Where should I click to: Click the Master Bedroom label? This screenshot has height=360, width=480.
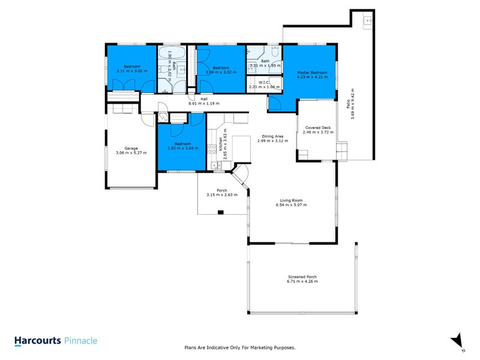point(311,72)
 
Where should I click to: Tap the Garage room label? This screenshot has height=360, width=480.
point(131,148)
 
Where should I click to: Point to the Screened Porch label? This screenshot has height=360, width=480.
point(302,277)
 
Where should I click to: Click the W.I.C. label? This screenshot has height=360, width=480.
point(264,83)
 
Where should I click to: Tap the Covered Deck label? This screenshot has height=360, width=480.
point(318,127)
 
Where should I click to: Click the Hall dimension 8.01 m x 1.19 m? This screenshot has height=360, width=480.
point(204,104)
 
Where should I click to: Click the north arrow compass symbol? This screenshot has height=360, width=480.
point(457,340)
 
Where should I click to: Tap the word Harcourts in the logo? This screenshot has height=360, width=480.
point(37,340)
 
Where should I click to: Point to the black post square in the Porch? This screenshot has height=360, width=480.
point(221,212)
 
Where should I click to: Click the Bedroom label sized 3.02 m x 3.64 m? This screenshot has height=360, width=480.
point(182,143)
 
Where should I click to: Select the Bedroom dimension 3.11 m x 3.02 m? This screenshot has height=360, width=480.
point(131,71)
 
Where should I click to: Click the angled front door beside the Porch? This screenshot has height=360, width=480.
point(241,176)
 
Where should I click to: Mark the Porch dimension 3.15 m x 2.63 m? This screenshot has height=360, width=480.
point(222,195)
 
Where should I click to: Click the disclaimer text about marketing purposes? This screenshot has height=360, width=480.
point(239,347)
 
